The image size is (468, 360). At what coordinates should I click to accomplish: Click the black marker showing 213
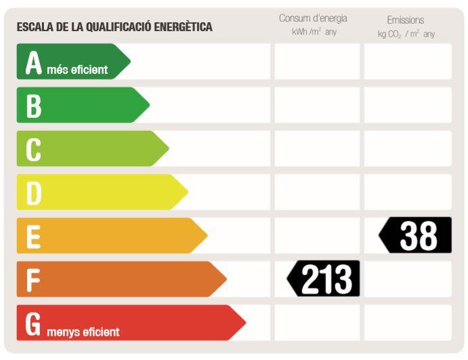pos(324,279)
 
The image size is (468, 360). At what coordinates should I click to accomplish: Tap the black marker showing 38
pos(416,235)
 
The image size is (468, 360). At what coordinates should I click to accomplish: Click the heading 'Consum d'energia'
pos(313,18)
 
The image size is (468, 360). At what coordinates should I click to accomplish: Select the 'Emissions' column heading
pos(406,20)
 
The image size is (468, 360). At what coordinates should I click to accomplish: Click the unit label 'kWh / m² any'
pos(314,33)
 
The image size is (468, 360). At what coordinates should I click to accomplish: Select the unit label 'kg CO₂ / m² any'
pos(406,34)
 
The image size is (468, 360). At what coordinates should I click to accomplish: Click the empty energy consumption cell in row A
pos(317,62)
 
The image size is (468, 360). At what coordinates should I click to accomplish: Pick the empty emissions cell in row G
pos(408,322)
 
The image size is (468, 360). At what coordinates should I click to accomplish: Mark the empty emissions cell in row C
pos(408,148)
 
